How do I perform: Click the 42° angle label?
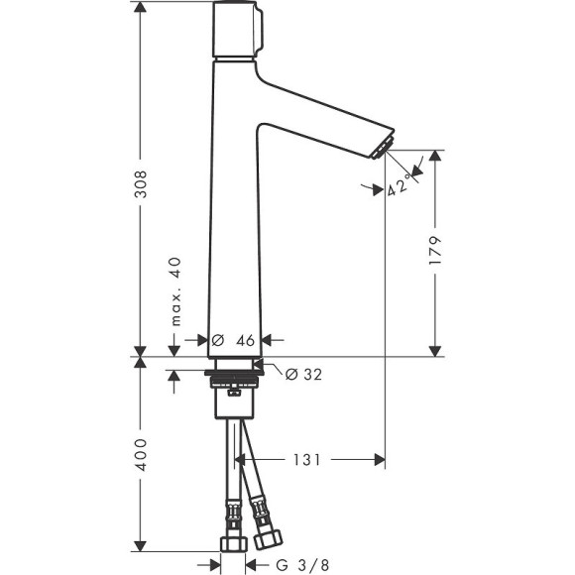[399, 186]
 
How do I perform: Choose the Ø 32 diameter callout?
[303, 374]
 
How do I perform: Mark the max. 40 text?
[174, 291]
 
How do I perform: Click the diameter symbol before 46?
[218, 339]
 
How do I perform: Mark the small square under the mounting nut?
[234, 392]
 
